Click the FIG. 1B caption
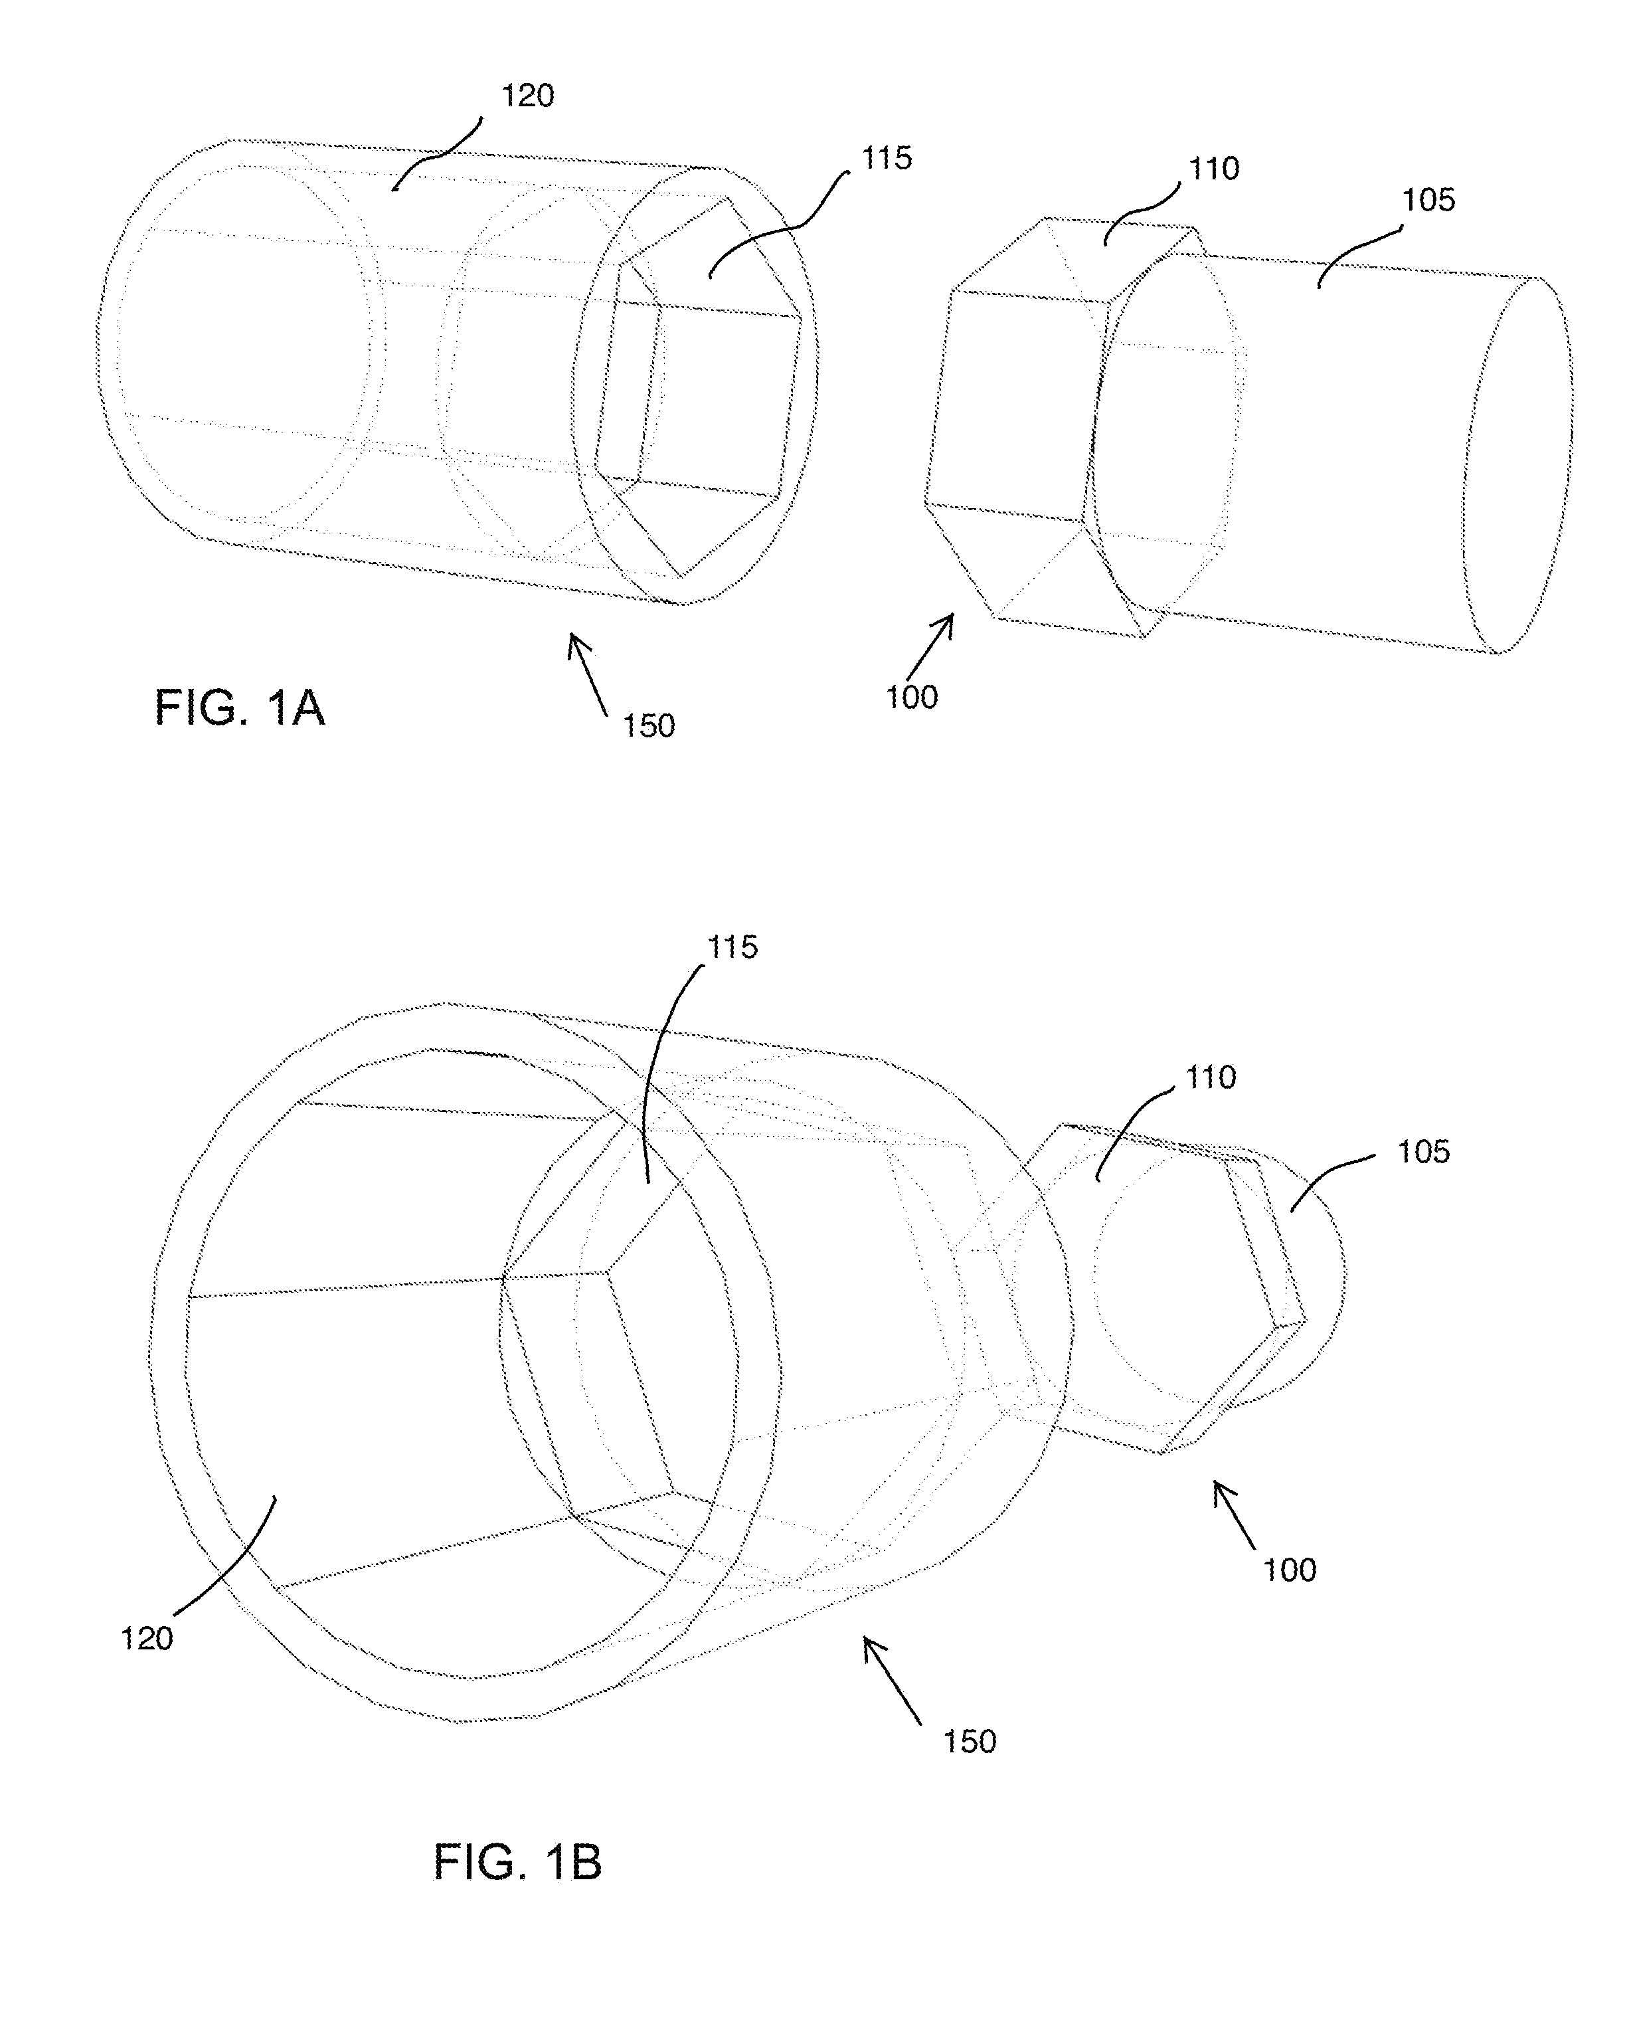coord(517,1863)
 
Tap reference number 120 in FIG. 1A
coord(527,96)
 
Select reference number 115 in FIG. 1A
coord(886,159)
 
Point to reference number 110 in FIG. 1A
coord(1213,170)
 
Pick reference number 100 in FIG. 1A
coord(911,697)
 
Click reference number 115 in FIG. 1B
coord(733,947)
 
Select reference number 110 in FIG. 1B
coord(1210,1077)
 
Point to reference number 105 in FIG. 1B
coord(1423,1151)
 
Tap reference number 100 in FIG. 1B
coord(1290,1570)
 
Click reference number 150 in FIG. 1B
coord(970,1740)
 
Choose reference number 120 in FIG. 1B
coord(147,1639)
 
